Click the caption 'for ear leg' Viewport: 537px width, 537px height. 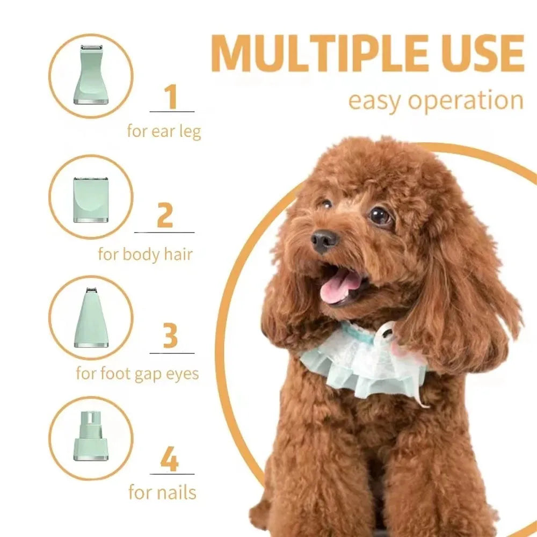[164, 130]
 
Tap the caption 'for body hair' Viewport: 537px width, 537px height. [145, 253]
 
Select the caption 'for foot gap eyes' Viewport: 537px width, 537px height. [137, 373]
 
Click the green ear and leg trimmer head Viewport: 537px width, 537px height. [91, 75]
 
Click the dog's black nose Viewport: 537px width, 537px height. [325, 241]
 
